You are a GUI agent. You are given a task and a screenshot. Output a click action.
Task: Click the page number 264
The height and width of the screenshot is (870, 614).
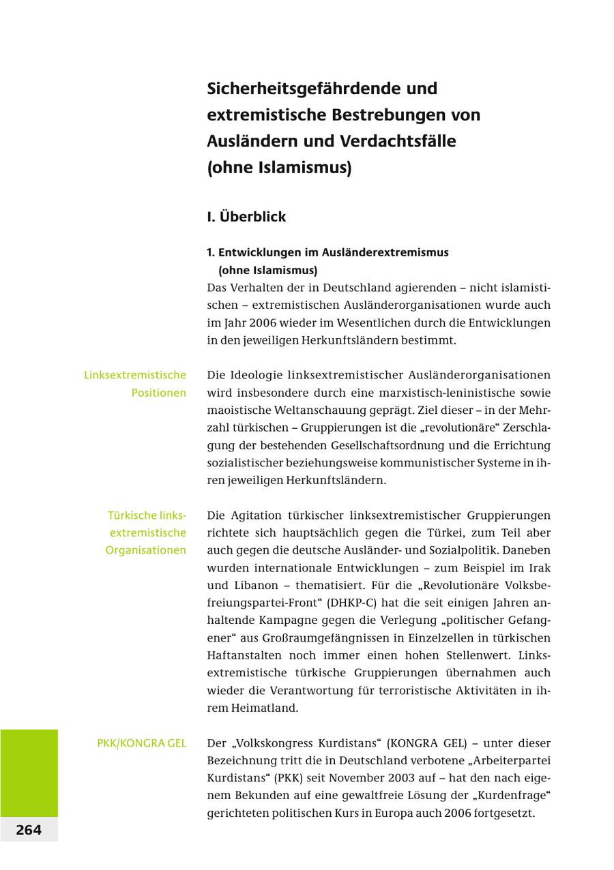click(29, 830)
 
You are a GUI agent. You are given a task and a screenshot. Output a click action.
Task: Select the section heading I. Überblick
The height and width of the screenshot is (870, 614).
click(246, 217)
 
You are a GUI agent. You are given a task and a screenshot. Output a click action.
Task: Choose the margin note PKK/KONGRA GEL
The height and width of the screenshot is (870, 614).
click(141, 743)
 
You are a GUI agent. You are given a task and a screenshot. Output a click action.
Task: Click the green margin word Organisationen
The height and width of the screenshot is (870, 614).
click(145, 550)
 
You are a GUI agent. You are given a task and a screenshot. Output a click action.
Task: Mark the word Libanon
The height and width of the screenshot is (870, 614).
click(257, 586)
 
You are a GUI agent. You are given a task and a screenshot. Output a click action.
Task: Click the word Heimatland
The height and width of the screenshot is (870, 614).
click(264, 708)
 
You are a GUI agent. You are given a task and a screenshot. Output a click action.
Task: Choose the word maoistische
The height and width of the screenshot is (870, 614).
click(239, 410)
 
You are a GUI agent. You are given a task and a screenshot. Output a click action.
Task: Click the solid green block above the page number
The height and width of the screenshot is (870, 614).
click(29, 772)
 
